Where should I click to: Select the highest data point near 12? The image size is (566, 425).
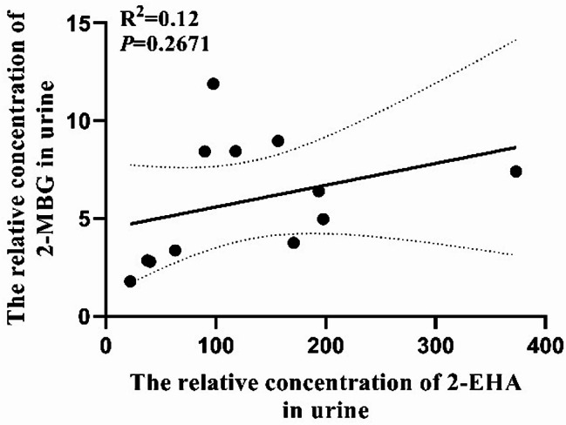(x=213, y=84)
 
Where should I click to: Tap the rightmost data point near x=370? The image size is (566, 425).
(x=515, y=171)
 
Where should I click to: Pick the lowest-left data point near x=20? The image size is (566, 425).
(x=131, y=281)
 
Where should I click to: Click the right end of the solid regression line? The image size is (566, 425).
(x=515, y=147)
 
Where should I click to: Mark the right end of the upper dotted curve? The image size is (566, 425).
(x=516, y=39)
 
